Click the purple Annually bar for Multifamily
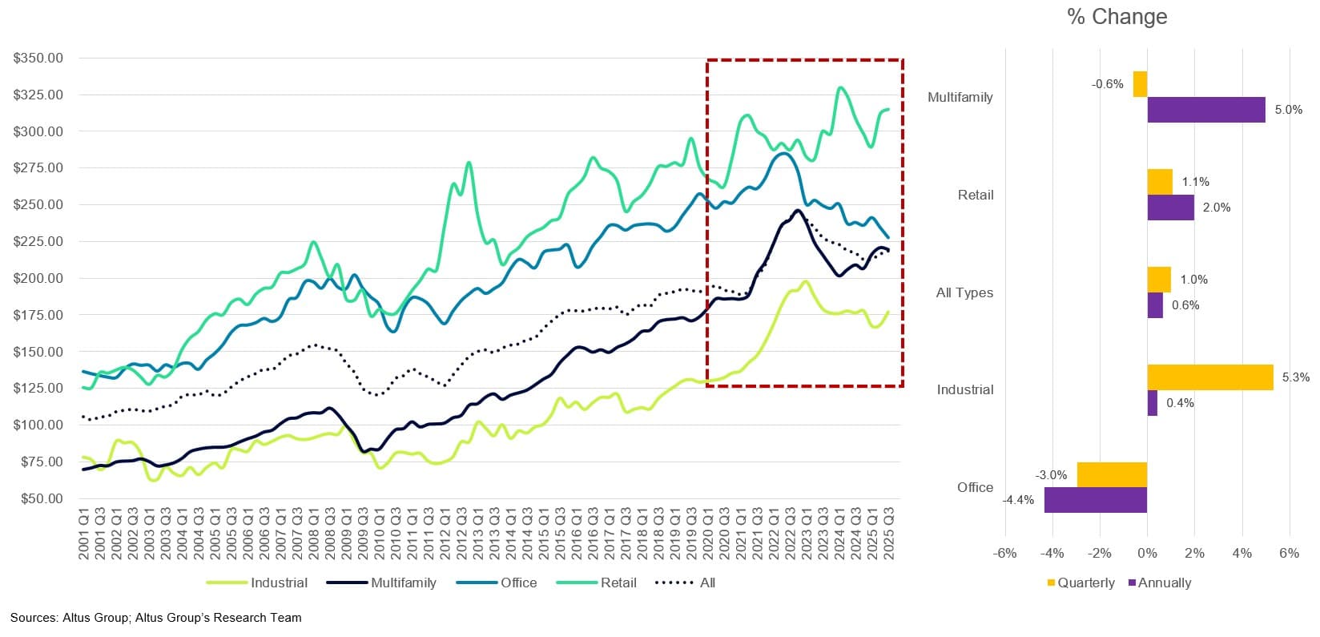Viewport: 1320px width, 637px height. pyautogui.click(x=1205, y=110)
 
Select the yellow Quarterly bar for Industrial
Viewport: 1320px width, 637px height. pyautogui.click(x=1209, y=377)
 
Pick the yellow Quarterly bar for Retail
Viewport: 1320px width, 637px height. pyautogui.click(x=1159, y=182)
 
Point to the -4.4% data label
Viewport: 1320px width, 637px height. pyautogui.click(x=1018, y=500)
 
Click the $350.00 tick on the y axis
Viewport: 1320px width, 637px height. pyautogui.click(x=38, y=58)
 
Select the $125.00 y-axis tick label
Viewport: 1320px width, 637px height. pyautogui.click(x=38, y=388)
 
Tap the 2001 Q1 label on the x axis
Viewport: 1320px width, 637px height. pyautogui.click(x=84, y=532)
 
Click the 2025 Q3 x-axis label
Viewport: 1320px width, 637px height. pyautogui.click(x=889, y=532)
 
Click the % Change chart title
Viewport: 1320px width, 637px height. pyautogui.click(x=1117, y=17)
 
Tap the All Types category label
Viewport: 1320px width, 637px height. pyautogui.click(x=964, y=292)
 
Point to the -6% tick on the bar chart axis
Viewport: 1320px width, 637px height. pyautogui.click(x=1004, y=553)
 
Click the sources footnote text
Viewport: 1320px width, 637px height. pyautogui.click(x=156, y=617)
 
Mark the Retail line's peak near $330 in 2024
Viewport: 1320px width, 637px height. pyautogui.click(x=839, y=87)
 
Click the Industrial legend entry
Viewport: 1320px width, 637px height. pyautogui.click(x=278, y=583)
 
